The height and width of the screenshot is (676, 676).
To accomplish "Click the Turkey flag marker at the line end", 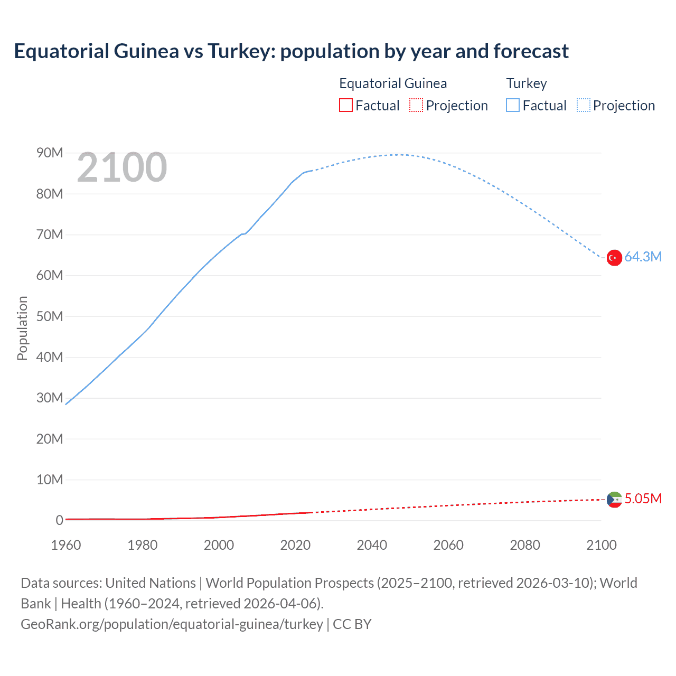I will point(614,258).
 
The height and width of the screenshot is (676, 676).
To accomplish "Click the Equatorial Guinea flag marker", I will point(614,500).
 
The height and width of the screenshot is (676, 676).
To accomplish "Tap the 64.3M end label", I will point(643,257).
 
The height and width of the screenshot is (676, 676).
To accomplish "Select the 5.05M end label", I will point(643,499).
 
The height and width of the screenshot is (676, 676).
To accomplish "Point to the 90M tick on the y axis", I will point(50,153).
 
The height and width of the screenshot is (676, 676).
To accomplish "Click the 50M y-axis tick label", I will point(50,316).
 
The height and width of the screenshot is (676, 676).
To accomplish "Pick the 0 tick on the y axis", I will point(59,521).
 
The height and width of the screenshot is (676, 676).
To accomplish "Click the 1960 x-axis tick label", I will point(66,545).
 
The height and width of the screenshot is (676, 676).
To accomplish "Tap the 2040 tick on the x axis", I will point(372,545).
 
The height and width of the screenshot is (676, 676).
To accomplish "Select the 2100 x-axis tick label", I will point(601,545).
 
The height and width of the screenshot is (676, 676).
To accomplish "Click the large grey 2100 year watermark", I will point(122,168).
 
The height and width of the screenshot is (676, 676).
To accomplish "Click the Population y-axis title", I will point(22,328).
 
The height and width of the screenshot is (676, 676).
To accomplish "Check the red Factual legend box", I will point(346,105).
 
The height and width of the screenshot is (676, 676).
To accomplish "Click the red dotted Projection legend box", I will point(416,105).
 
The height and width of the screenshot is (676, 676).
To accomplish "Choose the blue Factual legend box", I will point(513,105).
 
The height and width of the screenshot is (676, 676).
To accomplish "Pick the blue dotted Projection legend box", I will point(584,105).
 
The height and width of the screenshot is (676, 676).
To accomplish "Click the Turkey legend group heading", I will point(527,83).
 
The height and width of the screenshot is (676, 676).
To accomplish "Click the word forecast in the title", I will point(531,51).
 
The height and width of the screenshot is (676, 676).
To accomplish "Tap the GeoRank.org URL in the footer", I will point(172,624).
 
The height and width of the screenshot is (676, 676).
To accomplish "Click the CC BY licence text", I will point(352,624).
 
